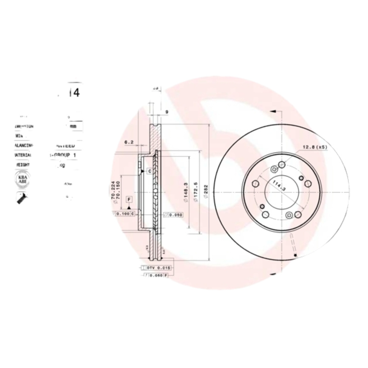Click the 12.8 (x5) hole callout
[315, 148]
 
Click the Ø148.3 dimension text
[184, 192]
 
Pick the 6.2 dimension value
[129, 142]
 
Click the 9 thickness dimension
[167, 112]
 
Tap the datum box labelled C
[149, 172]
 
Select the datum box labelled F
[129, 199]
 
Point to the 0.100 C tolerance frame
[125, 214]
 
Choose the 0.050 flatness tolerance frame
[174, 214]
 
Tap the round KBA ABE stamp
[22, 179]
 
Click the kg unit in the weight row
[60, 165]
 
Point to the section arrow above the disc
[272, 111]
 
